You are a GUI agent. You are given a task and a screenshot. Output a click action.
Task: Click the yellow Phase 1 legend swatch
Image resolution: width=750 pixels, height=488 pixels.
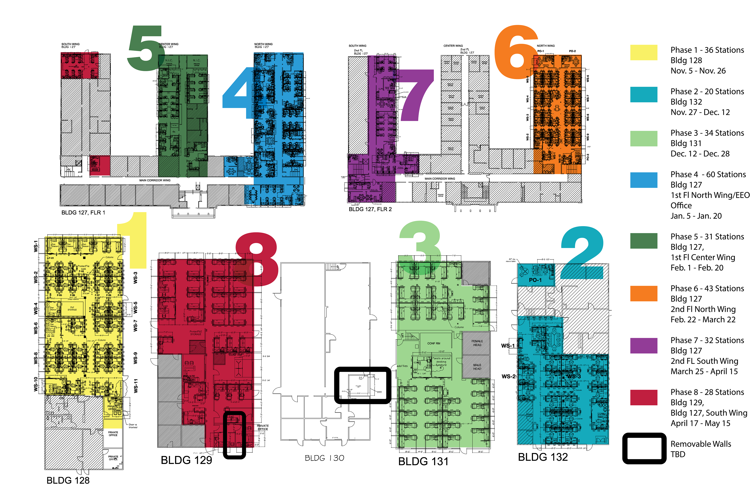pos(644,52)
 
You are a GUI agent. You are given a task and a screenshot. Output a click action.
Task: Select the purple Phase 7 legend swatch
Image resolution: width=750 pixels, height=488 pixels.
pos(644,346)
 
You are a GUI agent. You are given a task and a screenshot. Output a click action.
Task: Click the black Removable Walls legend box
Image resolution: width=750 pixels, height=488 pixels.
pos(644,448)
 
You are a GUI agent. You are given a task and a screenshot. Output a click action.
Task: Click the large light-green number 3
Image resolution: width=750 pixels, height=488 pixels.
pos(421,248)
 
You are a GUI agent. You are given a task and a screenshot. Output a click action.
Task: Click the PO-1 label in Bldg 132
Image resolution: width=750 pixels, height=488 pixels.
pos(535,280)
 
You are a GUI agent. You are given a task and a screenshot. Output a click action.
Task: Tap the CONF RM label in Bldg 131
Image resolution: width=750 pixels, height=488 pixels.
pos(434,343)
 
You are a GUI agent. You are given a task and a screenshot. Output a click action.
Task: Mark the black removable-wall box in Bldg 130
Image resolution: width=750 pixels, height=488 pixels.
pos(362,385)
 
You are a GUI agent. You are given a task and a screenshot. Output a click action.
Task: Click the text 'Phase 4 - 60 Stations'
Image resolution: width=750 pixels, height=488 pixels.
pos(708,174)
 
